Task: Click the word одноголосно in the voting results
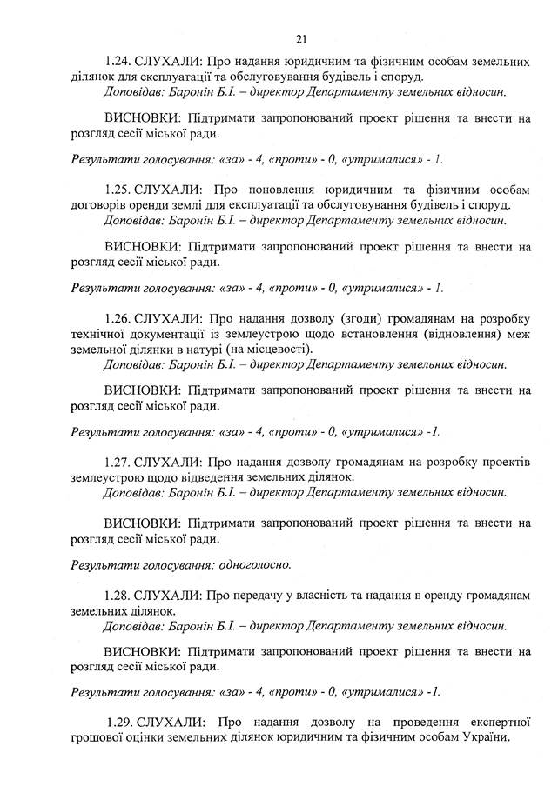pyautogui.click(x=253, y=564)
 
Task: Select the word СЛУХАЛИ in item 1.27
pyautogui.click(x=170, y=461)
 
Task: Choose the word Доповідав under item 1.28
pyautogui.click(x=131, y=625)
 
